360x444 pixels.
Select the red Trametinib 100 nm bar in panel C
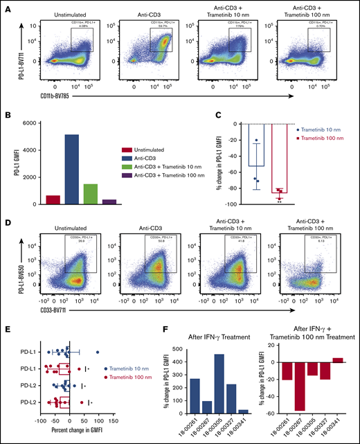point(280,160)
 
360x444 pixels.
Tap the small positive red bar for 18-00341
point(337,359)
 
